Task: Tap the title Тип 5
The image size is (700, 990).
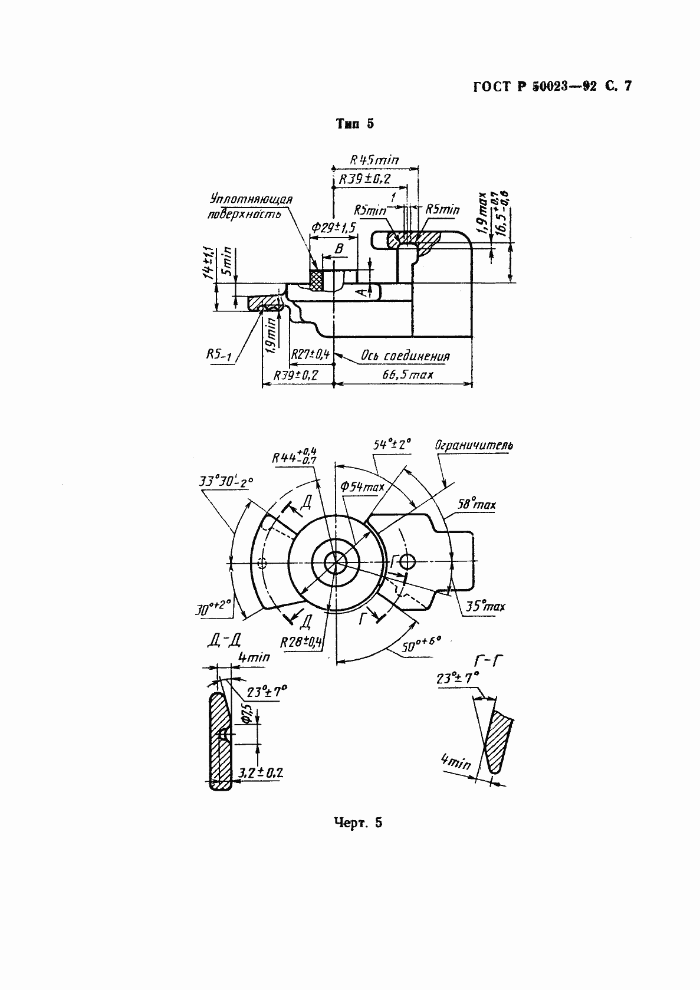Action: pyautogui.click(x=354, y=124)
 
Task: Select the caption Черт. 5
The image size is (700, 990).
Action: pyautogui.click(x=358, y=823)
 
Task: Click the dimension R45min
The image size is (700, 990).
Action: pyautogui.click(x=374, y=159)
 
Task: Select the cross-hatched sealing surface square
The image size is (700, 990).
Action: pyautogui.click(x=317, y=280)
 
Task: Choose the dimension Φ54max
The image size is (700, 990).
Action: pyautogui.click(x=362, y=487)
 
